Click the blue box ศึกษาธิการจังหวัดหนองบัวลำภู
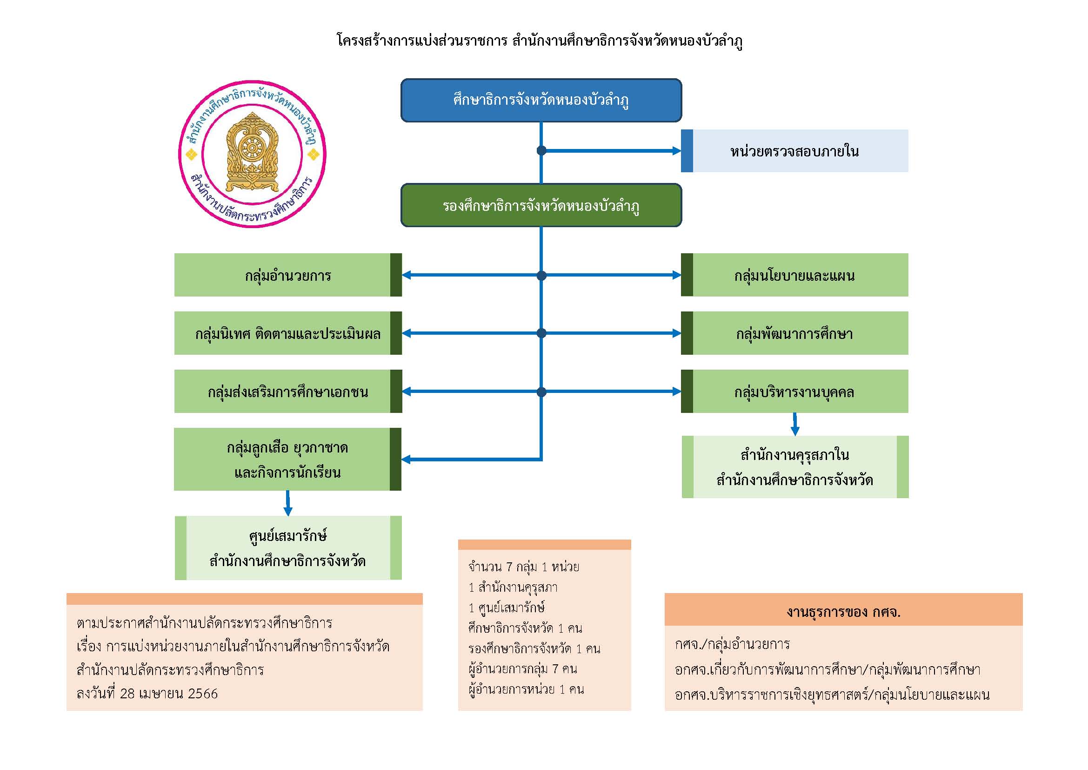pyautogui.click(x=541, y=100)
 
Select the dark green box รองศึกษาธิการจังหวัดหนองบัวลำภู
pyautogui.click(x=541, y=205)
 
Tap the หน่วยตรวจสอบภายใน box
pyautogui.click(x=794, y=151)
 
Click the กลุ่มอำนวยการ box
pyautogui.click(x=287, y=275)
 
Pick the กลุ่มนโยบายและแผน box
pyautogui.click(x=794, y=275)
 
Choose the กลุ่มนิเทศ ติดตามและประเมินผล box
pyautogui.click(x=287, y=333)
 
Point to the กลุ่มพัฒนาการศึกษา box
pyautogui.click(x=794, y=333)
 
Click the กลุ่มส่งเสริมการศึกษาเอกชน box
pyautogui.click(x=287, y=392)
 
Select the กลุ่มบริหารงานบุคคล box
pyautogui.click(x=794, y=392)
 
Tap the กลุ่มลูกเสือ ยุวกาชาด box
pyautogui.click(x=287, y=459)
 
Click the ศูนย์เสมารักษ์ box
pyautogui.click(x=287, y=547)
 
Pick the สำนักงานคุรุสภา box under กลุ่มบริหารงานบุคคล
pyautogui.click(x=794, y=467)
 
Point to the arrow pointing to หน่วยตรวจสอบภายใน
pyautogui.click(x=611, y=151)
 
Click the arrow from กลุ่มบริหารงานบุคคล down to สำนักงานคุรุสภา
pyautogui.click(x=795, y=425)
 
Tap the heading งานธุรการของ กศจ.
pyautogui.click(x=843, y=612)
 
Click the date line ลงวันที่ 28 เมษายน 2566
pyautogui.click(x=147, y=694)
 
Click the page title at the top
pyautogui.click(x=539, y=41)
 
